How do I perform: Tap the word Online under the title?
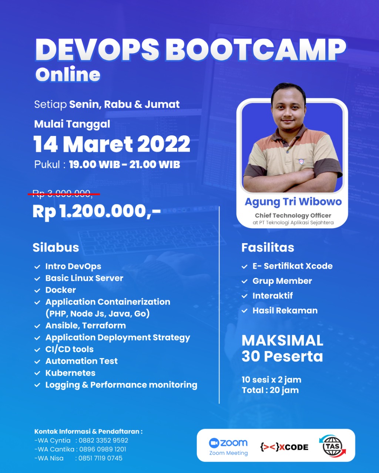tap(68, 74)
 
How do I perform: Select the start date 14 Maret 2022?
tap(112, 144)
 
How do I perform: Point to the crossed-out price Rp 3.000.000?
tap(62, 194)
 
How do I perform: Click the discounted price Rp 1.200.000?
tap(97, 211)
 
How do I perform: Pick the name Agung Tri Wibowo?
tap(293, 202)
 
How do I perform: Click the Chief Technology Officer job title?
tap(293, 215)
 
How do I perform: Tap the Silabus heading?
tap(56, 247)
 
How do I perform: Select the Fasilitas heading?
tap(268, 248)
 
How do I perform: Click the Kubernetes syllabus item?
tap(70, 373)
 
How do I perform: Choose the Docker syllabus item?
tap(61, 290)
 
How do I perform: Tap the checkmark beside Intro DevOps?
tap(37, 267)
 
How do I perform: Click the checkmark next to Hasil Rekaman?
tap(244, 311)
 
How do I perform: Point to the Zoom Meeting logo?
tap(228, 447)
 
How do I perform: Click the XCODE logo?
tap(284, 447)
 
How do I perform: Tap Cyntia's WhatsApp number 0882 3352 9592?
tap(103, 440)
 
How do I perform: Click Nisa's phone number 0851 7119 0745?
tap(100, 458)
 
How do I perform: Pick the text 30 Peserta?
tap(282, 356)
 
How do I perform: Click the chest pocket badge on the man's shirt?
tap(301, 162)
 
